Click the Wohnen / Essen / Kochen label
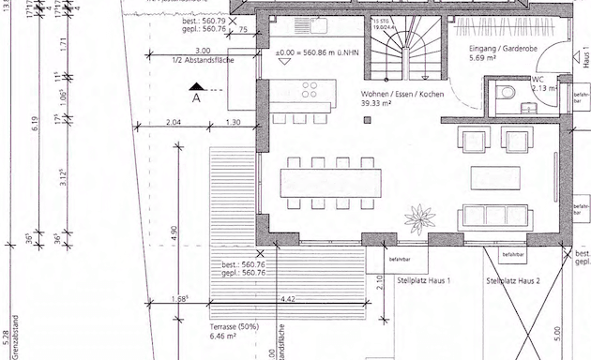[406, 95]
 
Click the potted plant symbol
[418, 219]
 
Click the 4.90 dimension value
[174, 230]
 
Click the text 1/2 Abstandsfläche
[205, 61]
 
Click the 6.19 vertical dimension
[34, 120]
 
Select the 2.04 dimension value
[171, 123]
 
